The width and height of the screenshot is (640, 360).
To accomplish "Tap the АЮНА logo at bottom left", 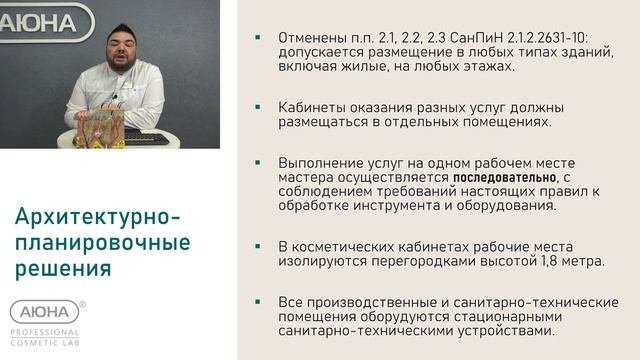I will click(44, 312).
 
